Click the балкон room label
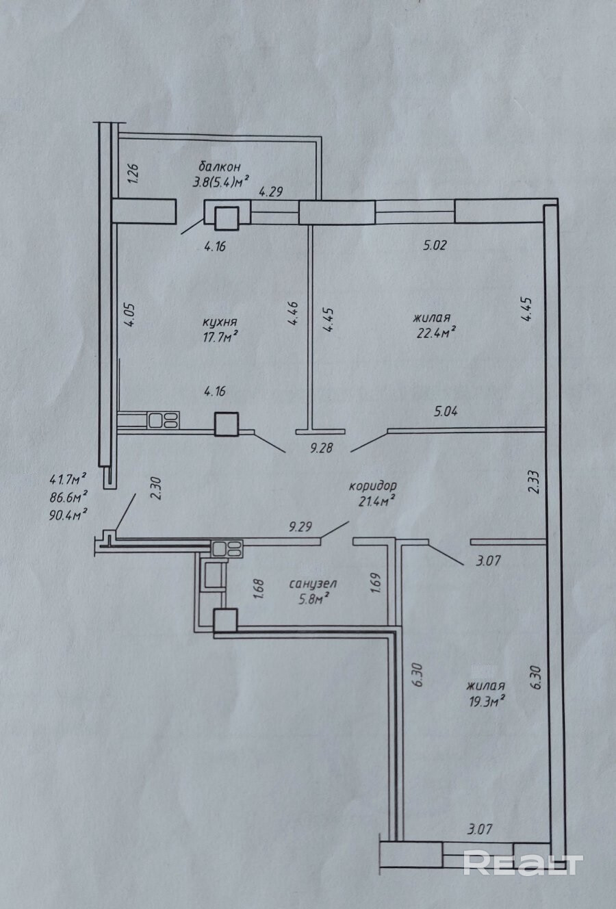point(219,166)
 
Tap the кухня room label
point(220,322)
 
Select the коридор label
point(373,486)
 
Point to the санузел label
point(313,584)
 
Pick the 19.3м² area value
point(485,700)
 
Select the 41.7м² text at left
point(67,478)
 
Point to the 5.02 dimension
point(435,245)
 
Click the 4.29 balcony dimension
point(270,192)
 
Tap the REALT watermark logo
point(523,863)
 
